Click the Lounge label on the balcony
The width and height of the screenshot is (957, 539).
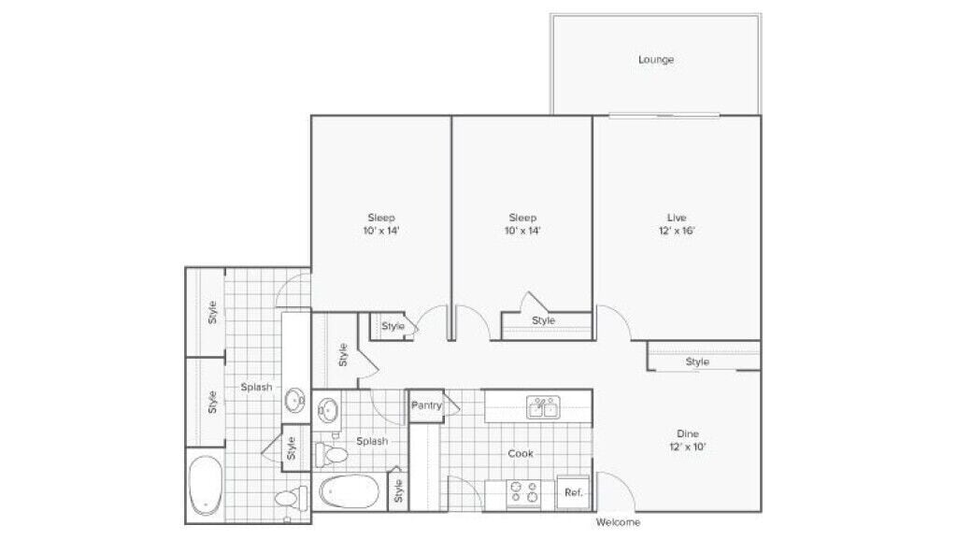(x=656, y=60)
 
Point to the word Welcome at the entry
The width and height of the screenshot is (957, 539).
(x=618, y=522)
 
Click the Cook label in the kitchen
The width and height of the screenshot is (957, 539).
(x=521, y=453)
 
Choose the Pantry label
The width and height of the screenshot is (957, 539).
(x=426, y=405)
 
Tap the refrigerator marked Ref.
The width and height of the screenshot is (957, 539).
(x=573, y=492)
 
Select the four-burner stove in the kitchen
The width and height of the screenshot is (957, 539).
(x=521, y=491)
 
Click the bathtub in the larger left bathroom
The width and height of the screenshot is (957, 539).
(x=205, y=484)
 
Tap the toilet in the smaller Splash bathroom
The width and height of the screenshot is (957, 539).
(x=332, y=454)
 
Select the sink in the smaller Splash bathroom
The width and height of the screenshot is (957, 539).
(x=328, y=409)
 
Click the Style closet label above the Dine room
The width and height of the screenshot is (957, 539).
(x=697, y=362)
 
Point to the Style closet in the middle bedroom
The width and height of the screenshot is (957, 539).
(x=543, y=321)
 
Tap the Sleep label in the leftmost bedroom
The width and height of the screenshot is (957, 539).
(x=380, y=223)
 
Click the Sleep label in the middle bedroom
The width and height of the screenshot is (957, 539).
(x=522, y=223)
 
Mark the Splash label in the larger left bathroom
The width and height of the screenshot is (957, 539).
(x=256, y=387)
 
